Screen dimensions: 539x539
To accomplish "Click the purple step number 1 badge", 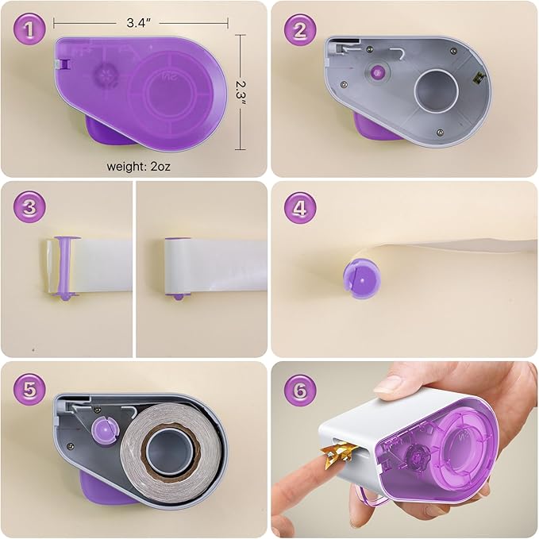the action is click(29, 29).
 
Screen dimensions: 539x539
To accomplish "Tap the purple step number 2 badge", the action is click(300, 30).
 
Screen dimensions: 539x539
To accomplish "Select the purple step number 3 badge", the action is click(29, 208).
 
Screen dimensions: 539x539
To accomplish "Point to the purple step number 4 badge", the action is click(300, 208).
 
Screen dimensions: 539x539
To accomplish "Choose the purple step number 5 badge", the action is click(29, 390).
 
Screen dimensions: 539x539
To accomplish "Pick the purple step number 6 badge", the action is click(300, 391).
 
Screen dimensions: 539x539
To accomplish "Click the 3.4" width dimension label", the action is click(138, 23).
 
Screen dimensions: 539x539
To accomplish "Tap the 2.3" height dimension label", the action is click(241, 94).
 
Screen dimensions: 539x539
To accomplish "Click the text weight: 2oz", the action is click(139, 167).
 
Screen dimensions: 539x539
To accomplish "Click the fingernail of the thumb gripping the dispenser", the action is click(388, 384).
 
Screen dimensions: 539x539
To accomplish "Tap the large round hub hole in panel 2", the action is click(437, 90).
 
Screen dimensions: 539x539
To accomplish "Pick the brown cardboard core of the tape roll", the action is click(170, 449).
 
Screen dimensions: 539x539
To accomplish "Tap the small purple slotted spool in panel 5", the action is click(106, 430).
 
